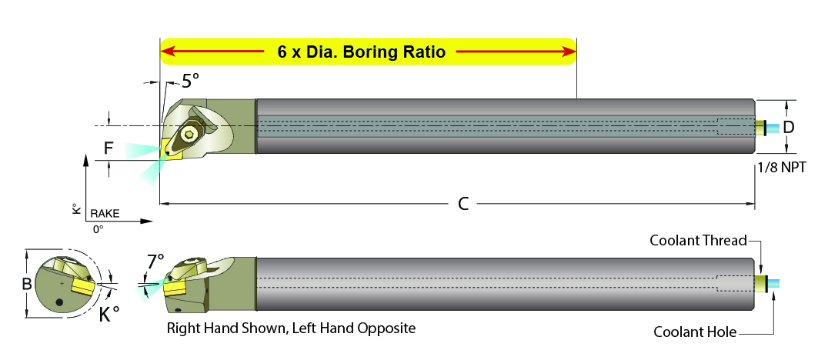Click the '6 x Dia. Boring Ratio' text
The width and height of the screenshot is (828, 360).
pos(361,52)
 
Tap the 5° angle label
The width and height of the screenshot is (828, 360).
pos(191,80)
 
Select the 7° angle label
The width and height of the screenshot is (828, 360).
pos(155,262)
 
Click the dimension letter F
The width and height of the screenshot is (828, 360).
pos(109,149)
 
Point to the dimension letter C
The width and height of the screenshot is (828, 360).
pos(463,205)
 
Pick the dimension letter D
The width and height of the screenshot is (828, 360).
pos(789,127)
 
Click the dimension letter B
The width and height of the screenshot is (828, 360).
pos(26,284)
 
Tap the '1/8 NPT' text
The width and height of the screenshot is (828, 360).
pos(782,168)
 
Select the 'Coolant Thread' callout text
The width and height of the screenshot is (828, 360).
pos(698,241)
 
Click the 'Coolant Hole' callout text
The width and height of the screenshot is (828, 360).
pos(695,332)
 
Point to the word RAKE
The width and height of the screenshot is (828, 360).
pos(105,214)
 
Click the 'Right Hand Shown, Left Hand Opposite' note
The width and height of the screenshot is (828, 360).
pos(291,328)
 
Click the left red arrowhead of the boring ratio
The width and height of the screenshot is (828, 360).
pos(168,52)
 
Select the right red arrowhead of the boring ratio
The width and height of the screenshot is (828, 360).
pos(569,52)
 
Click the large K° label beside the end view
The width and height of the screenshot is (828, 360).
pos(109,314)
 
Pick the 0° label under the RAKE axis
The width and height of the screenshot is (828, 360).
pos(98,230)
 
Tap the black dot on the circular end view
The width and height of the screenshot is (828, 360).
pos(60,303)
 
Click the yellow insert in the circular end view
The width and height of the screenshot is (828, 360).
pos(83,288)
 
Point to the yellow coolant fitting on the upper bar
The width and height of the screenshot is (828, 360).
pos(760,128)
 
